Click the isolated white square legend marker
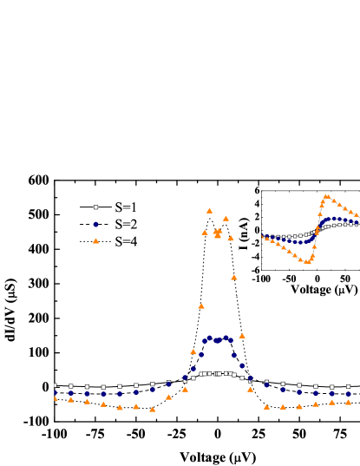point(95,207)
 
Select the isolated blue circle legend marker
point(95,224)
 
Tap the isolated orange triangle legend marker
point(95,240)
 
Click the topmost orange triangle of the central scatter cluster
point(209,210)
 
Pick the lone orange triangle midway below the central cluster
point(234,277)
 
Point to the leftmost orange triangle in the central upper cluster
point(205,232)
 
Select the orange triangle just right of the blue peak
point(242,335)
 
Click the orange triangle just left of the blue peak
point(193,351)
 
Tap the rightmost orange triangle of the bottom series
point(348,402)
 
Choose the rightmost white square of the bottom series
point(348,387)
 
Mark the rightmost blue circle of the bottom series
point(348,394)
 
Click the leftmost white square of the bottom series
point(55,385)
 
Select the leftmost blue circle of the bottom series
point(55,392)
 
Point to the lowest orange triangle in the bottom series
point(152,409)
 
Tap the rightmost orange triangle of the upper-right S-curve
point(357,214)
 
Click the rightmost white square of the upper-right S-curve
point(357,224)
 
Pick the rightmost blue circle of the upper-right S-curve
point(357,220)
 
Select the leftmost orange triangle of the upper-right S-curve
point(262,236)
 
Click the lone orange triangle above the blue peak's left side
point(200,305)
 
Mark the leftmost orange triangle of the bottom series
point(55,397)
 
